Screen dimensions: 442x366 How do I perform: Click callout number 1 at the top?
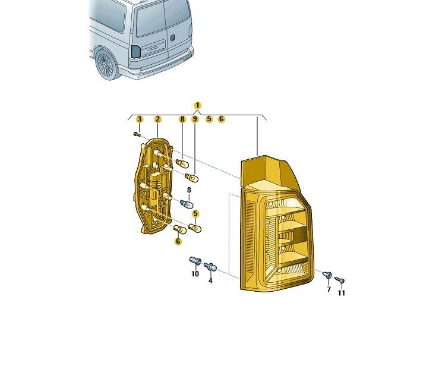pos(198,105)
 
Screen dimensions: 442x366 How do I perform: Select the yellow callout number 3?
pos(139,119)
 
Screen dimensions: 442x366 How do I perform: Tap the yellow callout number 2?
pos(158,119)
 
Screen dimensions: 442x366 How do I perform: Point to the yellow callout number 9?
pos(195,119)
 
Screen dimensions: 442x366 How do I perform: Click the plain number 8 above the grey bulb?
pos(189,190)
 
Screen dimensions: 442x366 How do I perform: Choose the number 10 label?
pos(195,274)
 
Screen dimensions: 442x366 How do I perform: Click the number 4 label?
pos(210,280)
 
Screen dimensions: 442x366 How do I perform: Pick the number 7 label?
pos(329,289)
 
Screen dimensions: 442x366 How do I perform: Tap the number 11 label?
pos(342,293)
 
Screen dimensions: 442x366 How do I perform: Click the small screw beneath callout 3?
pos(137,134)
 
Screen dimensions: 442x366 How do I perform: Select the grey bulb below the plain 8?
pos(187,203)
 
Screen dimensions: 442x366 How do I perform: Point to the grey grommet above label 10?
pos(195,261)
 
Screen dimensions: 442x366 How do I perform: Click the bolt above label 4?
pos(210,266)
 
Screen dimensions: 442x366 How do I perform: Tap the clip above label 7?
pos(327,274)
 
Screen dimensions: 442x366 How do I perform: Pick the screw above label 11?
pos(339,280)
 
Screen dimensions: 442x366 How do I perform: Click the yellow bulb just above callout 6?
pos(180,229)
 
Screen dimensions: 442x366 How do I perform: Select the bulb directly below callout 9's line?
pos(192,178)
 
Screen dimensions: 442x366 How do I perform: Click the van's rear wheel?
pos(106,65)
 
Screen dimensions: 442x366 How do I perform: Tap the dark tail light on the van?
pos(136,51)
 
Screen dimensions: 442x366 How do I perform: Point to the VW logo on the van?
pos(173,37)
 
